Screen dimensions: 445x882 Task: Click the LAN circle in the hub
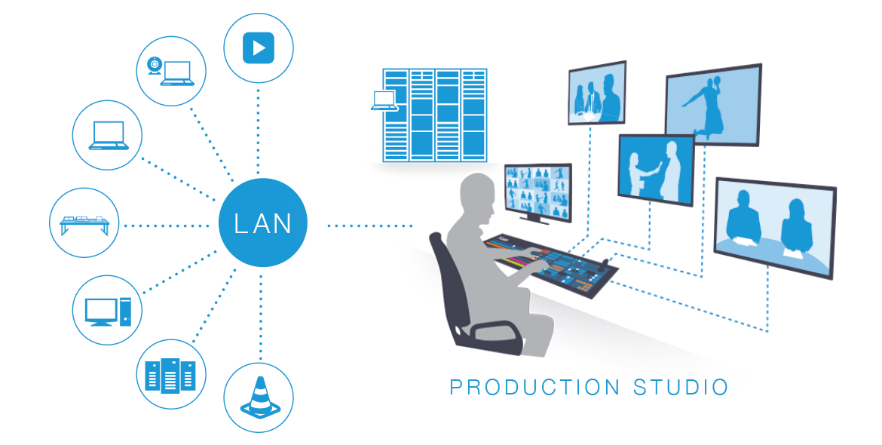262,223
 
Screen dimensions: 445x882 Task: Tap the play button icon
259,48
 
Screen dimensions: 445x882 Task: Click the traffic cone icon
259,397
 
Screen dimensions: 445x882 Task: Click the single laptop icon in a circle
107,135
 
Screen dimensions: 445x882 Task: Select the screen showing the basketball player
712,105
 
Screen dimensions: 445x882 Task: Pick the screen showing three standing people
597,93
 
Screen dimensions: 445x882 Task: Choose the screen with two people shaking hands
655,169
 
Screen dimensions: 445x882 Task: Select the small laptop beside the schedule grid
384,101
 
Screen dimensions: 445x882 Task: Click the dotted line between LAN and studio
369,225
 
